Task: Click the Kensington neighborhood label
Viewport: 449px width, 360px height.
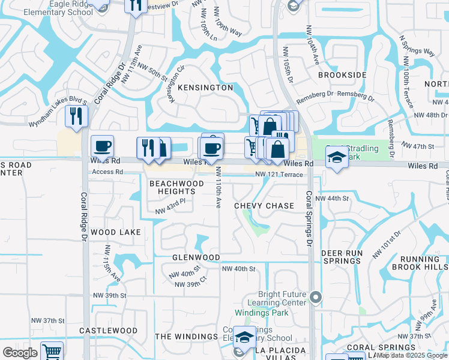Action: pos(205,88)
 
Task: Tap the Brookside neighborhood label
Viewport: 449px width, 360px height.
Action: pos(342,75)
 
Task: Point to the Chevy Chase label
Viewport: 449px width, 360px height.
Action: pos(264,206)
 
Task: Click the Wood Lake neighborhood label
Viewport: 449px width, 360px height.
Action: pos(116,232)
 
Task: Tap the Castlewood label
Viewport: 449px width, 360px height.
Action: pos(109,331)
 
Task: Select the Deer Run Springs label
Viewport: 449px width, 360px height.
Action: pos(343,257)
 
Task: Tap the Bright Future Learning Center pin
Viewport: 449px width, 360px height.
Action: pos(316,296)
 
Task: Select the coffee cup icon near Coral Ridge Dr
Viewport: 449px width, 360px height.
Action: pos(102,146)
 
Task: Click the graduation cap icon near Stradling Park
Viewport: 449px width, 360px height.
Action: pos(337,158)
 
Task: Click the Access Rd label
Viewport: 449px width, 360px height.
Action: pos(106,172)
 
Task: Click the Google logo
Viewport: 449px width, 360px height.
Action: pos(20,353)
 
